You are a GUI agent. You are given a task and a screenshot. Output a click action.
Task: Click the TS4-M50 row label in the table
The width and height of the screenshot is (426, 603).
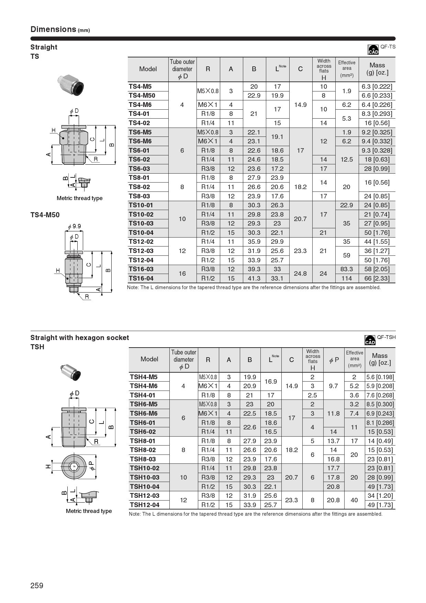[142, 96]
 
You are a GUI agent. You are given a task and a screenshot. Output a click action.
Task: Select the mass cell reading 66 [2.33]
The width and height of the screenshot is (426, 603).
[377, 278]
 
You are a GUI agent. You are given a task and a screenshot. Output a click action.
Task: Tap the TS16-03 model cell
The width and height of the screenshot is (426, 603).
[141, 269]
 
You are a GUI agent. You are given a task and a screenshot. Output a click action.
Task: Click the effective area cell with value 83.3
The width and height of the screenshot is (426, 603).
[346, 269]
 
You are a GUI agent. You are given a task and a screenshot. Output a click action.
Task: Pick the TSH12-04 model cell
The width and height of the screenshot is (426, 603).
[145, 505]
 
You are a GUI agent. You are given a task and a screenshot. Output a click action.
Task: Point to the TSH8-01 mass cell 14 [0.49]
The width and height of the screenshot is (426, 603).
[380, 441]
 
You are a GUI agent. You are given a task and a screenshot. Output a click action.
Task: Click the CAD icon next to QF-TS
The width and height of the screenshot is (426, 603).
[373, 50]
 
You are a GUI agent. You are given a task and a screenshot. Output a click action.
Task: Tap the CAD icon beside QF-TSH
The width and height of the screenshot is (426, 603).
[370, 340]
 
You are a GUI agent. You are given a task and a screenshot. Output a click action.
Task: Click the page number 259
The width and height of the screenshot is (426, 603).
[37, 585]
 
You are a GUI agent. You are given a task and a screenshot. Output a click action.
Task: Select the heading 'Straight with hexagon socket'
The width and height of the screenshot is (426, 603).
[80, 338]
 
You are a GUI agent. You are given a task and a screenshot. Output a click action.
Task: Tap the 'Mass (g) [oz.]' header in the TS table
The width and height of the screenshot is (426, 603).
[377, 69]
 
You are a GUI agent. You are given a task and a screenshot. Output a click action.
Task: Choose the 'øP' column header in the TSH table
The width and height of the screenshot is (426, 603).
[334, 360]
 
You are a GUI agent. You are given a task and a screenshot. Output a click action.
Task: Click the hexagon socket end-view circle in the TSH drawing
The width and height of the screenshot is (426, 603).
[73, 467]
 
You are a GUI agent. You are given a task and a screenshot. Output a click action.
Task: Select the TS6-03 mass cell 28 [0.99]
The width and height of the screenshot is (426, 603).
[377, 169]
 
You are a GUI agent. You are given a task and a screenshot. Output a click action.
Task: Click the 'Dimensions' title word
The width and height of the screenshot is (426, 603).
[53, 29]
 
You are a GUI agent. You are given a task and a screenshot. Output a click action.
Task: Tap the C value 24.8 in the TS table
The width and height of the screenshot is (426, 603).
[300, 274]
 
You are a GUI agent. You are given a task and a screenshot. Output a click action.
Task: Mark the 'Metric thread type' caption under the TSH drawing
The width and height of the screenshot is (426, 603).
[89, 511]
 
